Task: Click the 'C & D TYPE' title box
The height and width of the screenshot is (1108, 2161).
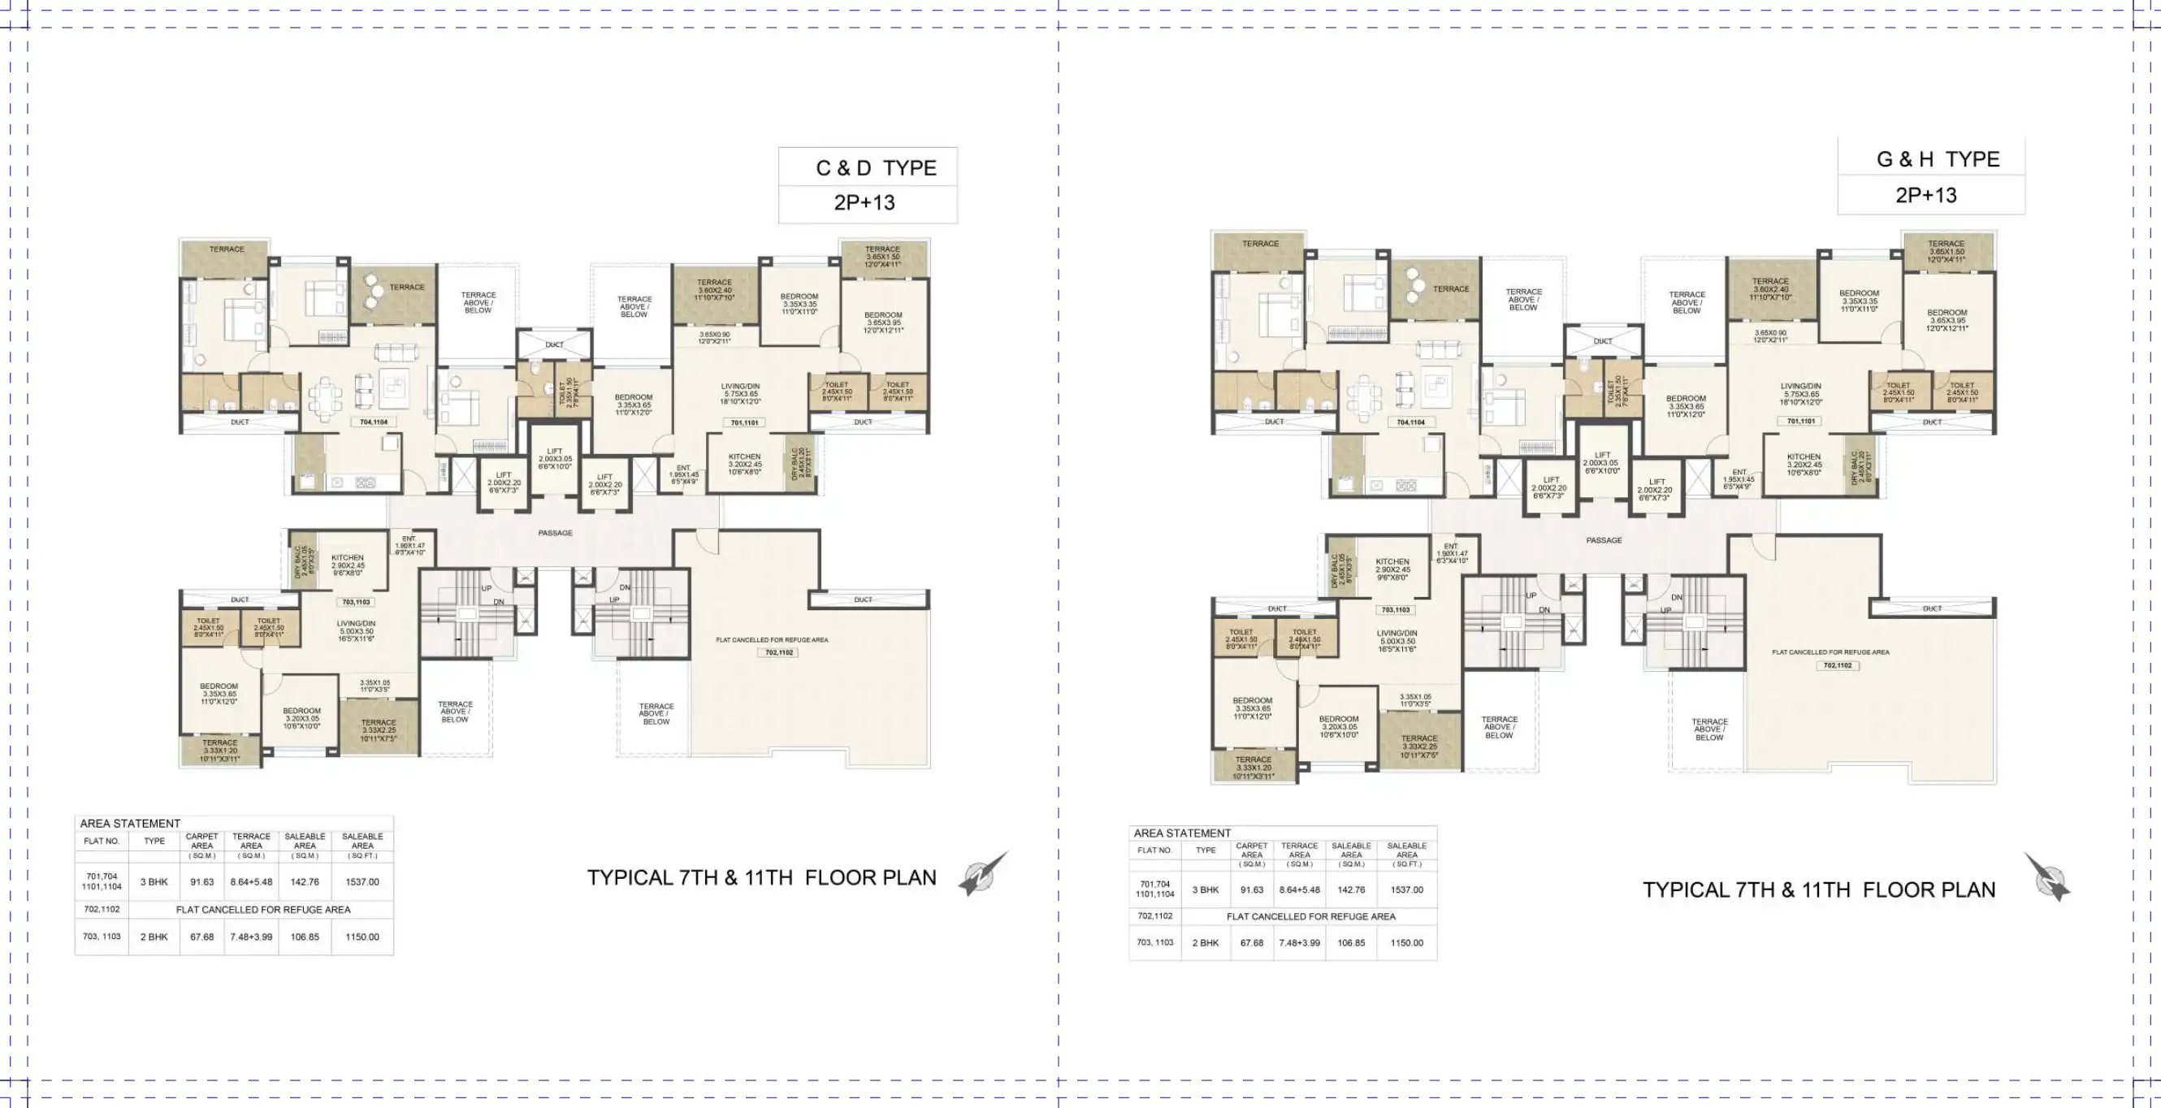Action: tap(875, 168)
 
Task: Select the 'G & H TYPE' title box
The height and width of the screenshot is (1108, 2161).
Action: tap(1937, 159)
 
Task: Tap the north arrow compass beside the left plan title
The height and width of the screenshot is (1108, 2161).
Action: tap(982, 875)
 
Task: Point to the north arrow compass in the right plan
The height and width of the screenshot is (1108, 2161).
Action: tap(2048, 878)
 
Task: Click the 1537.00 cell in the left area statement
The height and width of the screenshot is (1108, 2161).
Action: tap(362, 881)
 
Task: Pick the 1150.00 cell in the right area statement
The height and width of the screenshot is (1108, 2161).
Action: tap(1407, 943)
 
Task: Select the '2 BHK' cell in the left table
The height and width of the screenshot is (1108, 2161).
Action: tap(154, 937)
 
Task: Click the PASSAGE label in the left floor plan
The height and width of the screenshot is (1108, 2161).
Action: tap(556, 533)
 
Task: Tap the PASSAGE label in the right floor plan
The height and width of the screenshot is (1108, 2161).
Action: tap(1604, 540)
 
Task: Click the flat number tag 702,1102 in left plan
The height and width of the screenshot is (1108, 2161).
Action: tap(778, 651)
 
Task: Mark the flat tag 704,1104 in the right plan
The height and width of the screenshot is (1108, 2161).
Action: tap(1411, 422)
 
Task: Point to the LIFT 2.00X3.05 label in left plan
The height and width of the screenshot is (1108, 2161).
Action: tap(555, 459)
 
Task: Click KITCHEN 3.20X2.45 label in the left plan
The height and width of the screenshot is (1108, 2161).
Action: tap(744, 464)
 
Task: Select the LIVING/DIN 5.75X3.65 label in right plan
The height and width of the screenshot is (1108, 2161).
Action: tap(1800, 394)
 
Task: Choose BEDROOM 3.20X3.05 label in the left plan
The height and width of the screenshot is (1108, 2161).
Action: tap(301, 718)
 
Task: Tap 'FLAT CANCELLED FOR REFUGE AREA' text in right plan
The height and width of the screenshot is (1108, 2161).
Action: tap(1830, 651)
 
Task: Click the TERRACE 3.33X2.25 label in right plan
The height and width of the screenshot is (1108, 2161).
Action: tap(1418, 747)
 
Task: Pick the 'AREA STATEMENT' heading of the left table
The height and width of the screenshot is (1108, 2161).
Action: tap(130, 824)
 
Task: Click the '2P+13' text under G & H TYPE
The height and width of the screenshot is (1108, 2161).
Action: tap(1926, 196)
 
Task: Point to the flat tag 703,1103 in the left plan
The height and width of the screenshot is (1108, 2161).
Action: tap(356, 602)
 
